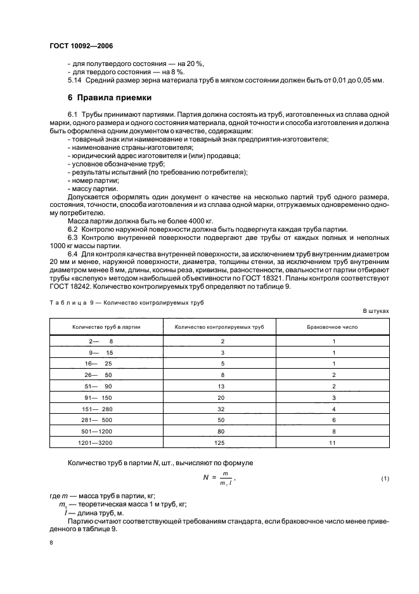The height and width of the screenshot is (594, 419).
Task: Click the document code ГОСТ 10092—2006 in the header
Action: tap(77, 46)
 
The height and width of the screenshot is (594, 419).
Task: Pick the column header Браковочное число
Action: tap(333, 326)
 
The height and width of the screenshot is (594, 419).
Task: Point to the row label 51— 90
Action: tap(101, 385)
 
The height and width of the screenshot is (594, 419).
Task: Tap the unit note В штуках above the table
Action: tap(376, 311)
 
